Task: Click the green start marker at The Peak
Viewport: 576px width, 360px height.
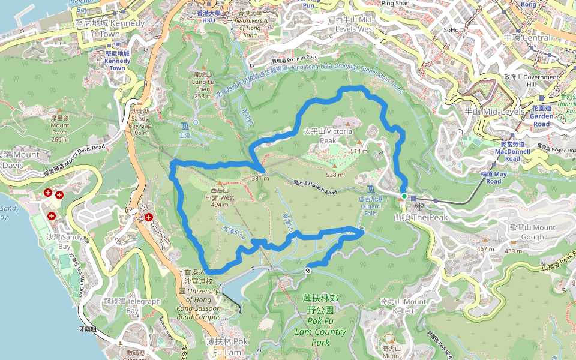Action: pos(404,196)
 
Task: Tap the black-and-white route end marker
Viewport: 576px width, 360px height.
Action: pos(308,271)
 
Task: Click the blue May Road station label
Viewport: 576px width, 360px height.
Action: pos(493,178)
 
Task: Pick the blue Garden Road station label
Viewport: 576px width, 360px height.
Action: pos(541,116)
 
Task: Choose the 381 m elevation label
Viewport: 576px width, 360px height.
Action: pos(260,178)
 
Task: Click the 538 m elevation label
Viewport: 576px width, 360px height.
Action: pos(334,175)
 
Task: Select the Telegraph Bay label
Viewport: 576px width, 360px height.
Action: pos(144,306)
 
